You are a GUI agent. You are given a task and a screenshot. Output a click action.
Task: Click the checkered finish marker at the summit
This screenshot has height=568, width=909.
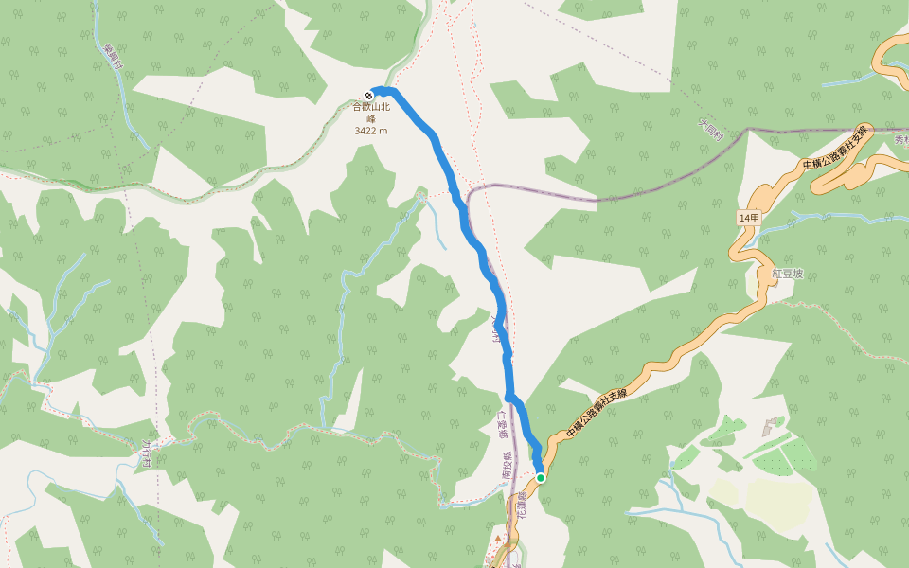[x=369, y=94]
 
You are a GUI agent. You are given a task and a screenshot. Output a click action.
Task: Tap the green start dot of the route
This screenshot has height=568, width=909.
[x=541, y=478]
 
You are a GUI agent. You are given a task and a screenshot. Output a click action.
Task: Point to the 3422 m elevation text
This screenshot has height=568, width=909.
[x=371, y=131]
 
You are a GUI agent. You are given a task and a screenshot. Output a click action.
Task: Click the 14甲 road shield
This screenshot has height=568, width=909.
[x=748, y=218]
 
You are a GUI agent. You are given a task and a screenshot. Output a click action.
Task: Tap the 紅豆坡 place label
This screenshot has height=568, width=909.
[x=787, y=273]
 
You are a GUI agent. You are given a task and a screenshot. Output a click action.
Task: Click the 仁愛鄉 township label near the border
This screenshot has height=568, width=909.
[x=503, y=423]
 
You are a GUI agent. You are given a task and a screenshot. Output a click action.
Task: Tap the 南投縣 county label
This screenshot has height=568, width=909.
[x=508, y=465]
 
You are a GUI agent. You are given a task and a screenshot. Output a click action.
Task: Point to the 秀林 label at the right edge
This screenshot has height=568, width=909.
[x=900, y=140]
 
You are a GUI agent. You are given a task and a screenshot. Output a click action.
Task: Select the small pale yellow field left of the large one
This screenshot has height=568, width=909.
[x=724, y=491]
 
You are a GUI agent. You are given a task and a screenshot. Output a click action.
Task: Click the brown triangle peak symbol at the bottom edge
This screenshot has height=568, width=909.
[x=498, y=539]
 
